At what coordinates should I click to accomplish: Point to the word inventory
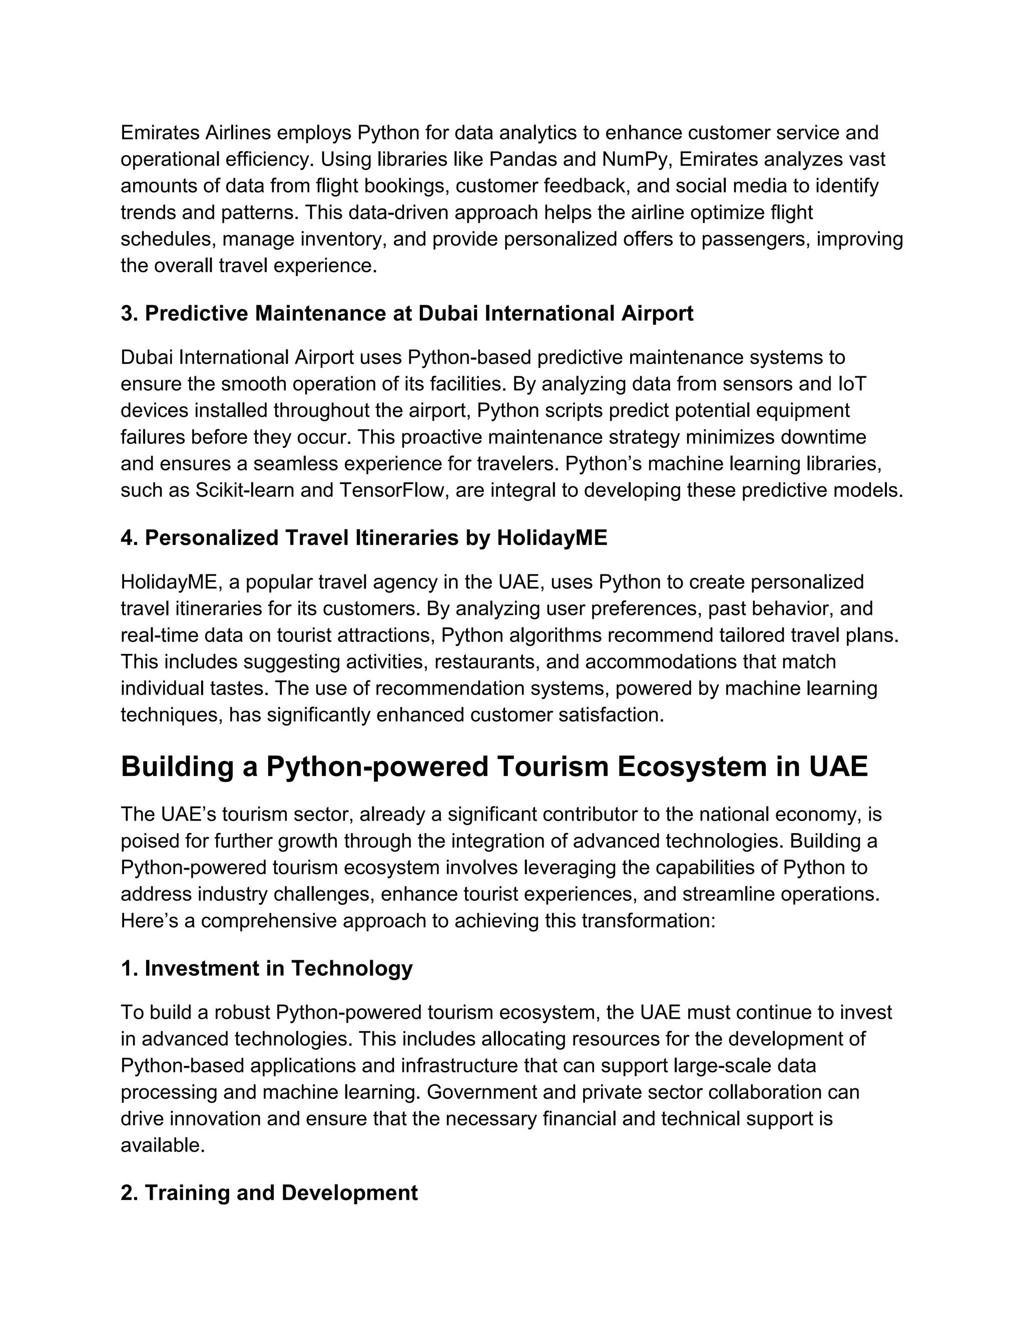coord(344,239)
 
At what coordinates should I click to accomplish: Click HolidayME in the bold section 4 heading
coord(552,538)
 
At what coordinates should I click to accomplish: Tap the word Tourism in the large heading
coord(553,766)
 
